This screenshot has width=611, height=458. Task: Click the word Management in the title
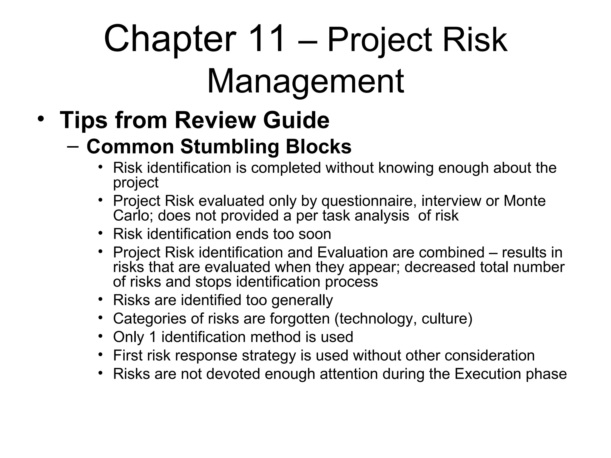click(x=305, y=81)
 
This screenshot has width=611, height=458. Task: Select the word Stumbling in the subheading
click(x=230, y=147)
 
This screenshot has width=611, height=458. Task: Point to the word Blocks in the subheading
click(x=319, y=147)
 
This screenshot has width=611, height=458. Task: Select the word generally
click(x=302, y=300)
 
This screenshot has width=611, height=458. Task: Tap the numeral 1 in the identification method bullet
click(x=152, y=337)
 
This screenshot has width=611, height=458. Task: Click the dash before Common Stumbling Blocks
click(x=73, y=146)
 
